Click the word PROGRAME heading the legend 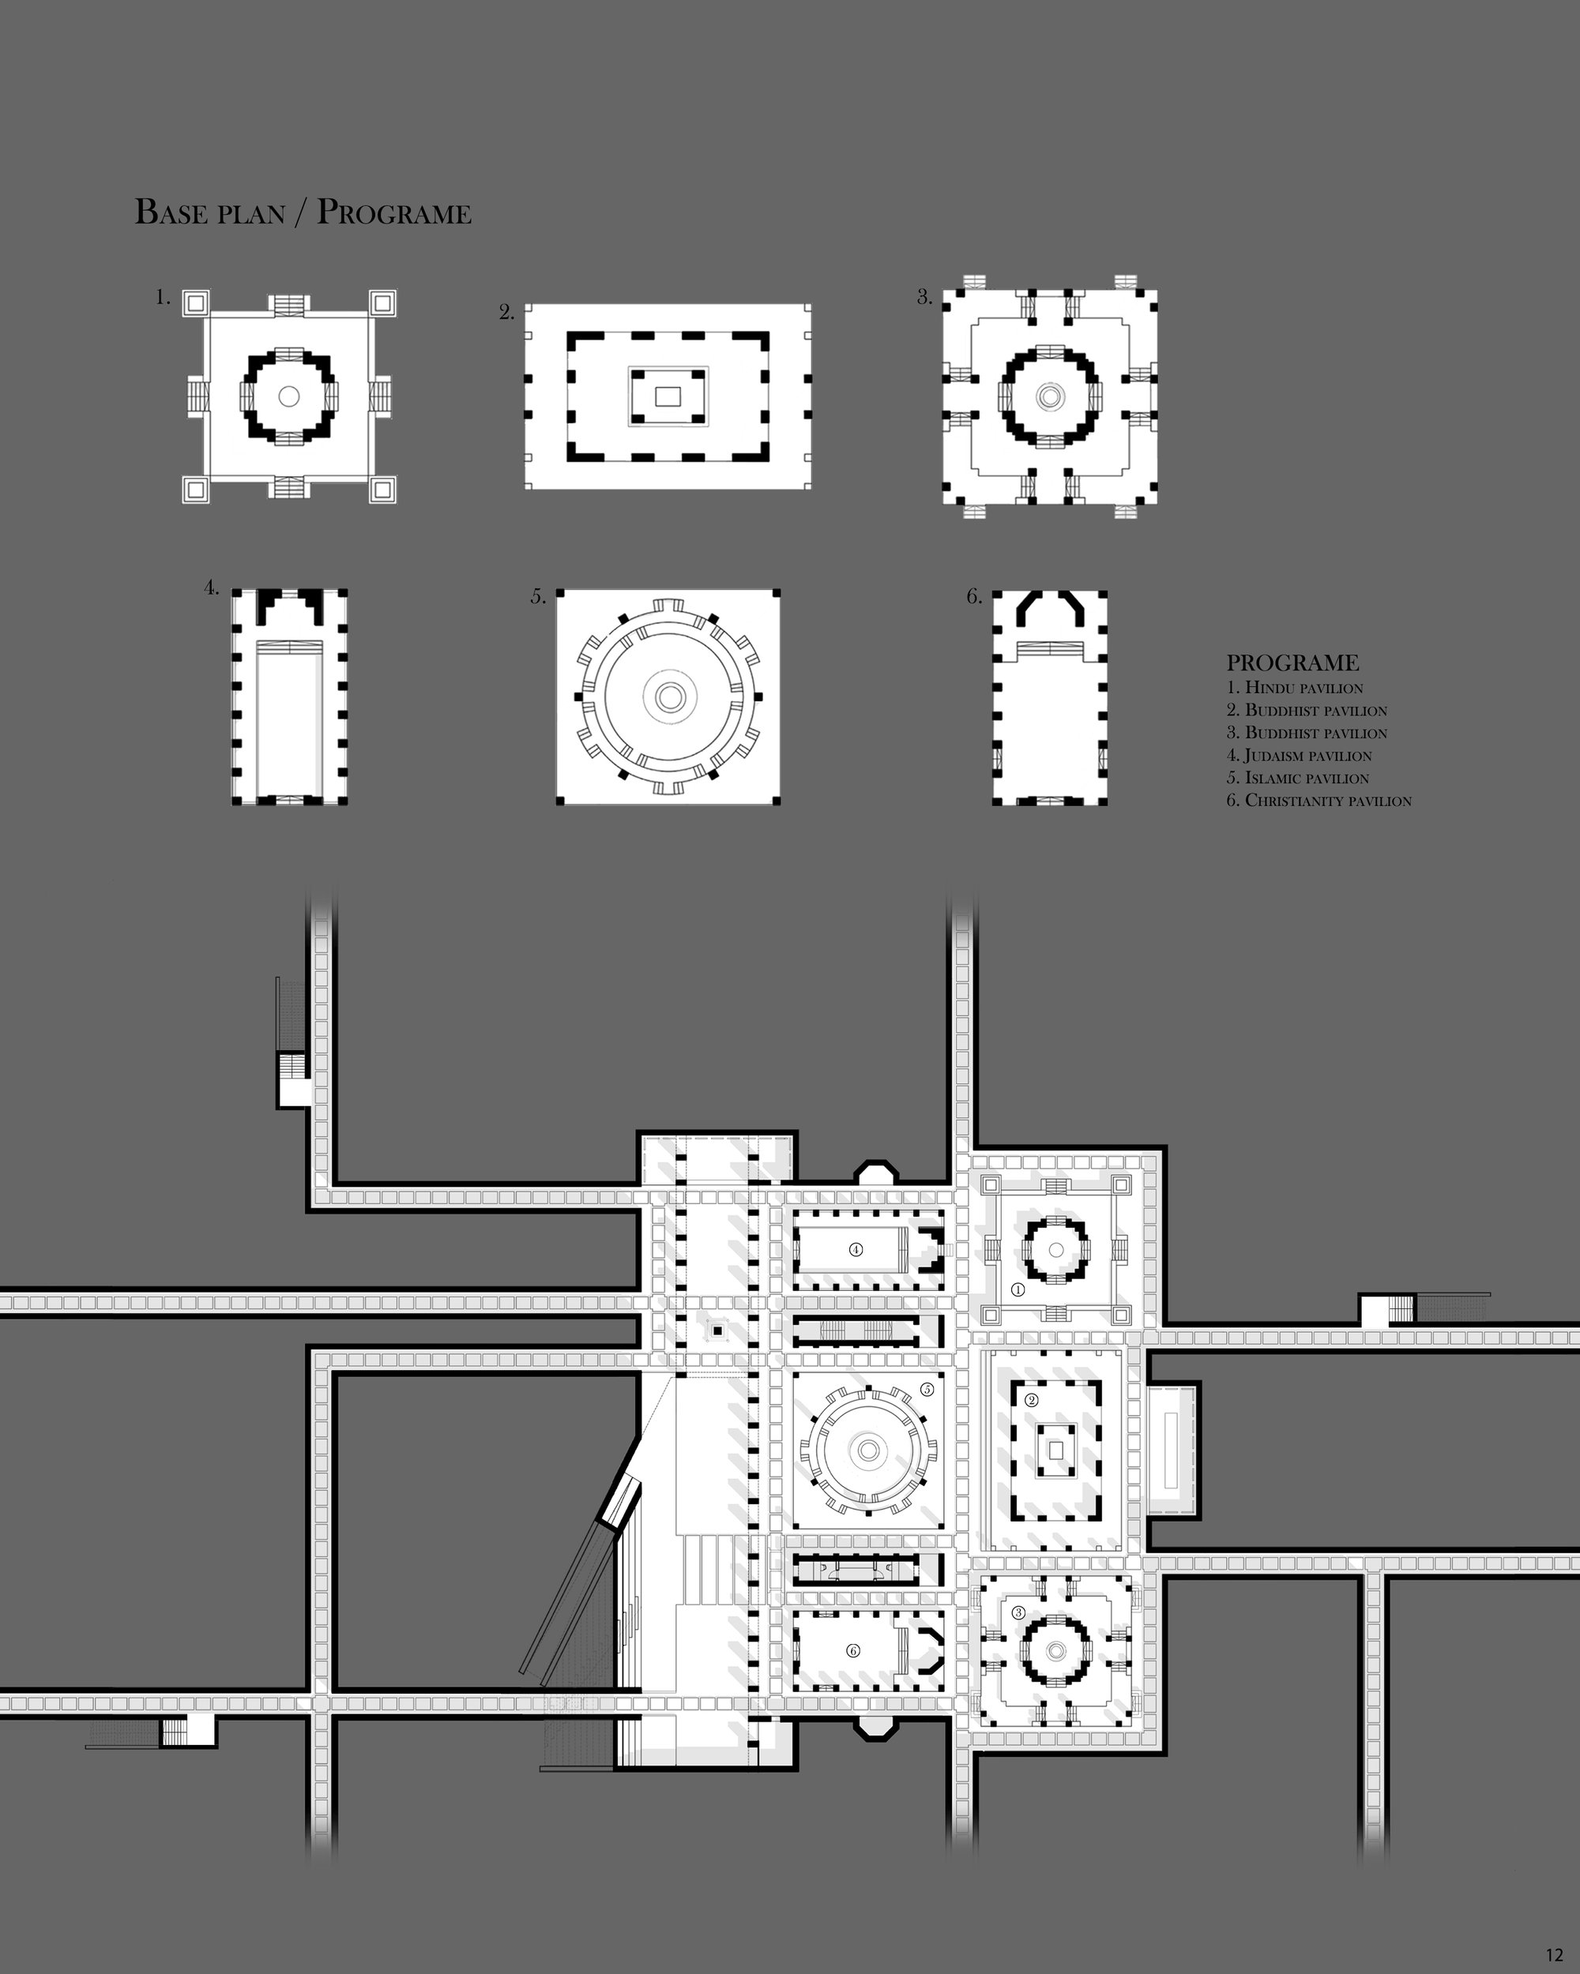click(1292, 663)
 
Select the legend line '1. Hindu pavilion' click(1295, 688)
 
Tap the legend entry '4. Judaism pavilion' click(1299, 756)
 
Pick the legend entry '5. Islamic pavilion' click(1298, 779)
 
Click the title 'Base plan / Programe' click(303, 212)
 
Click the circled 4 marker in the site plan click(856, 1249)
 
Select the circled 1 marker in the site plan click(1018, 1289)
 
